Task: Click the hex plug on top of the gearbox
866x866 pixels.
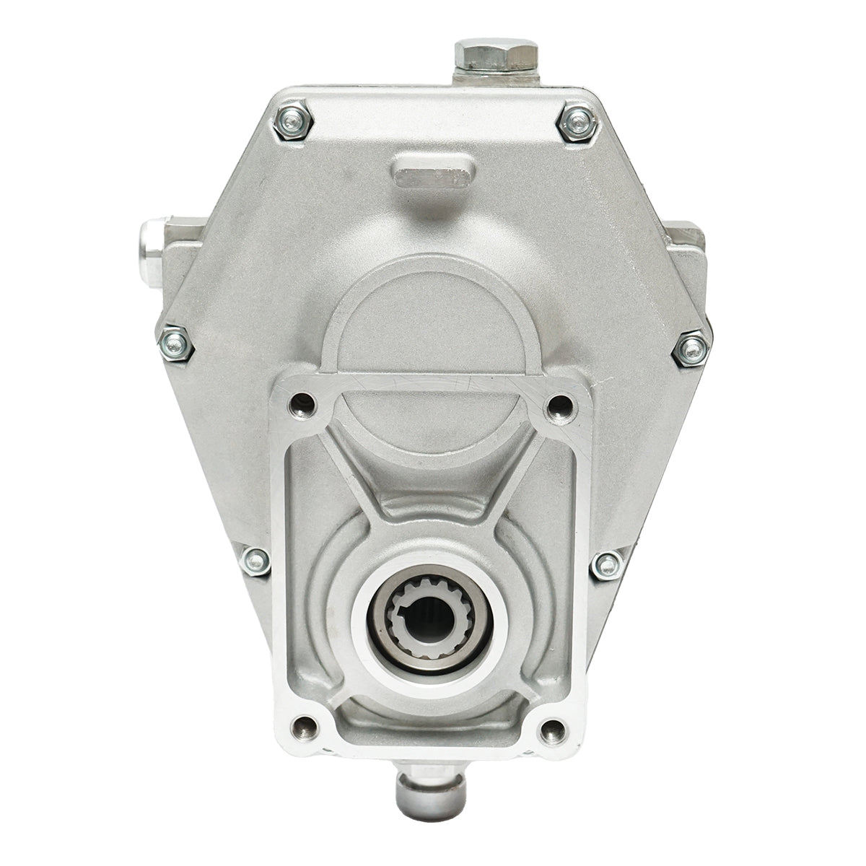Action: click(497, 56)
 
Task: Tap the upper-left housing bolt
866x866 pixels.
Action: click(294, 123)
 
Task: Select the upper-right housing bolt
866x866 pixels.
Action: click(578, 123)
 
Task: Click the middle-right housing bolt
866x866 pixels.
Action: click(691, 350)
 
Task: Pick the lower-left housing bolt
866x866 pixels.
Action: click(255, 560)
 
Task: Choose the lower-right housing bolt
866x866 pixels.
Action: click(607, 565)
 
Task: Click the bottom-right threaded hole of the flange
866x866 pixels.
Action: click(551, 730)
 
